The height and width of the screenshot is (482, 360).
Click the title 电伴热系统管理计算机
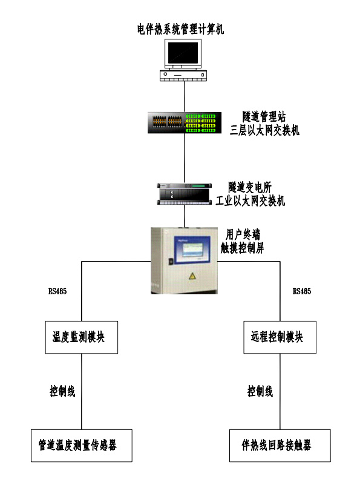(x=180, y=29)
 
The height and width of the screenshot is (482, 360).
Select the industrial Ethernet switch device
(x=183, y=193)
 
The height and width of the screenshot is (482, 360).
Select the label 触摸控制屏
(x=242, y=248)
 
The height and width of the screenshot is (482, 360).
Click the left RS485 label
(x=57, y=291)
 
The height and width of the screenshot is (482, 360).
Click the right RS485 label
(x=302, y=291)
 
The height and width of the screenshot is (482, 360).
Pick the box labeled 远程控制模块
(x=281, y=337)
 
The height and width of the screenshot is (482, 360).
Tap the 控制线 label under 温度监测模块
(x=62, y=391)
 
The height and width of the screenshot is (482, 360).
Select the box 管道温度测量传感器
(x=82, y=446)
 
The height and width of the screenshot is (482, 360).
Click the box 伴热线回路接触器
(x=280, y=446)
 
